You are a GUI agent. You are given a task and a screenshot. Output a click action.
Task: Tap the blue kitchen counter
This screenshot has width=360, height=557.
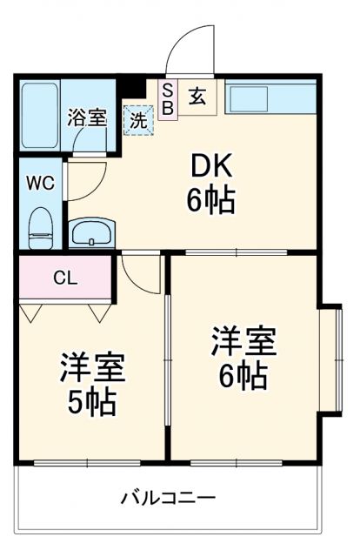[270, 97]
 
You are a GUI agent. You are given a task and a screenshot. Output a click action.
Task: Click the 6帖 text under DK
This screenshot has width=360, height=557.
[210, 202]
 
